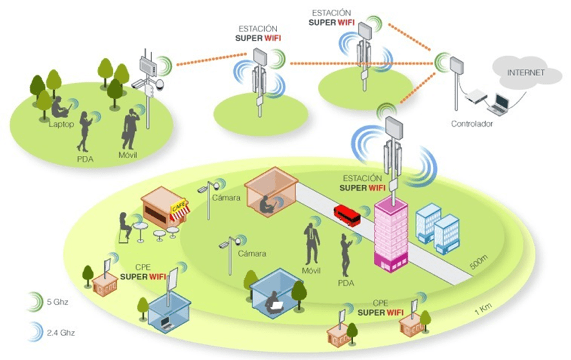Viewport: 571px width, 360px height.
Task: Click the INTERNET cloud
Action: pyautogui.click(x=526, y=73)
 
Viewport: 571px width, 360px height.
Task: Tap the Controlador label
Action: pyautogui.click(x=472, y=124)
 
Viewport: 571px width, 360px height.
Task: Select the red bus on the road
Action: pyautogui.click(x=347, y=214)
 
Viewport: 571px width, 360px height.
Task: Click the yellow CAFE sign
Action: pyautogui.click(x=179, y=208)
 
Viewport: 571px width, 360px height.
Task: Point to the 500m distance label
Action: pyautogui.click(x=478, y=262)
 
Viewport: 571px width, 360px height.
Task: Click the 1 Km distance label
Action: pyautogui.click(x=483, y=309)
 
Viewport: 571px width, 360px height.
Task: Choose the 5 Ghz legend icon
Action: pyautogui.click(x=35, y=302)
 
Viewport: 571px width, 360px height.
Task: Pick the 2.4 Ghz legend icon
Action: pyautogui.click(x=35, y=332)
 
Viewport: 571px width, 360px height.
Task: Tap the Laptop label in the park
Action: pyautogui.click(x=61, y=124)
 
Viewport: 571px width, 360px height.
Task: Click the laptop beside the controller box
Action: pyautogui.click(x=498, y=104)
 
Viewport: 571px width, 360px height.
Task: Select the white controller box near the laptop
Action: pyautogui.click(x=476, y=96)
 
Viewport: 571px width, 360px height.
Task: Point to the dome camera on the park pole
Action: pyautogui.click(x=160, y=85)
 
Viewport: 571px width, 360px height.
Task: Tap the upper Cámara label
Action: pyautogui.click(x=226, y=198)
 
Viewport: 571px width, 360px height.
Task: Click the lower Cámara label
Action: pyautogui.click(x=252, y=253)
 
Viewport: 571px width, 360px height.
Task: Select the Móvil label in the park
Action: pyautogui.click(x=128, y=155)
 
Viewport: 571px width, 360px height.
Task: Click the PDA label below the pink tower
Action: pyautogui.click(x=345, y=283)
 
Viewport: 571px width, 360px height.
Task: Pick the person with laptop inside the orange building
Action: pyautogui.click(x=267, y=205)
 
